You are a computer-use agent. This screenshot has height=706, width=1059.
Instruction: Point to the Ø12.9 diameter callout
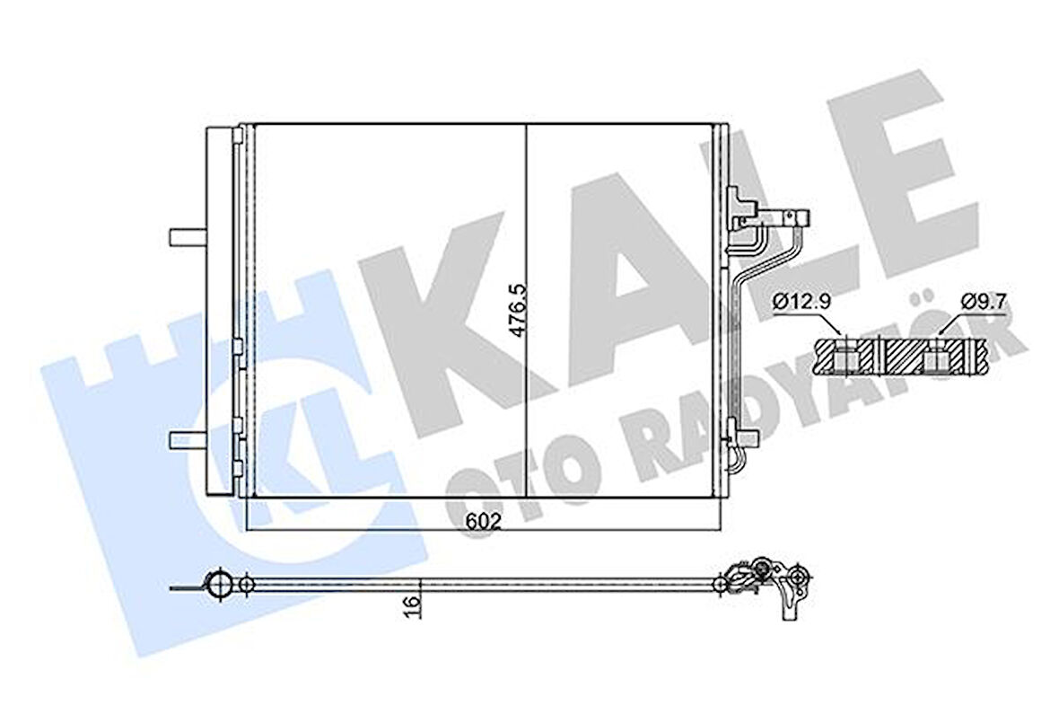tap(795, 303)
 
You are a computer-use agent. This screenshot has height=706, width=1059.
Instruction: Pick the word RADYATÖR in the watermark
tap(808, 404)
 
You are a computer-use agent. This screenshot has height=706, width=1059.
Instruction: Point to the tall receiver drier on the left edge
tap(219, 310)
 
